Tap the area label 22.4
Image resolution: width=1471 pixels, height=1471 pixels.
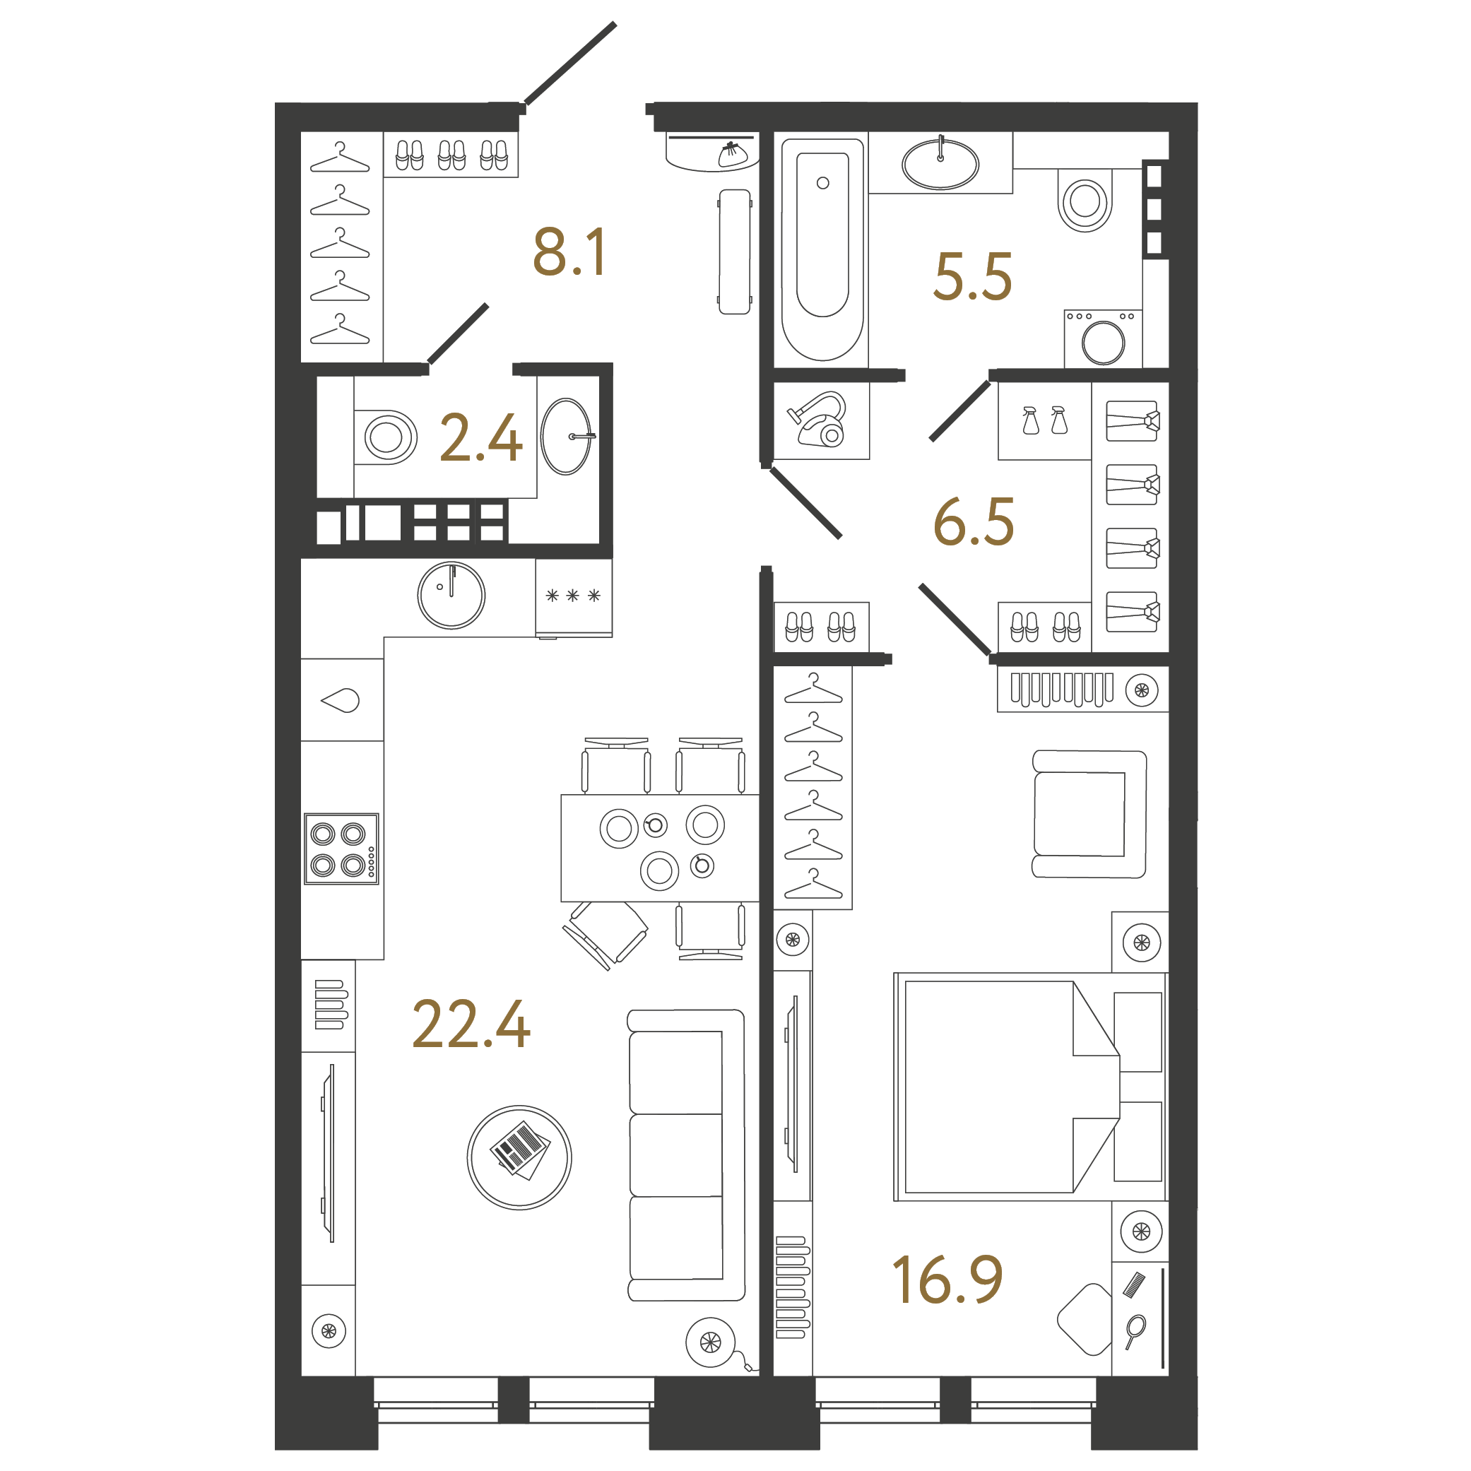[x=471, y=1025]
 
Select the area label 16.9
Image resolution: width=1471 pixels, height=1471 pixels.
[x=947, y=1281]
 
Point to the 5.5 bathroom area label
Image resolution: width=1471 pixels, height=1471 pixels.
[x=972, y=276]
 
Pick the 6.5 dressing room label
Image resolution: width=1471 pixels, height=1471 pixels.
[x=973, y=522]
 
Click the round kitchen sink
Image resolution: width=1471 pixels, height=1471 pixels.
[x=451, y=596]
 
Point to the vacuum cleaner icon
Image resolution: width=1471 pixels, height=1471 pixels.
[x=821, y=420]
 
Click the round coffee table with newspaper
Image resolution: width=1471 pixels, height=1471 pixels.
[x=519, y=1157]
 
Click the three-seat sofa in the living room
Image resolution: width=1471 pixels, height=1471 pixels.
[x=685, y=1155]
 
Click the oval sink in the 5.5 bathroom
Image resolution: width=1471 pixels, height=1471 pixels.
[x=940, y=164]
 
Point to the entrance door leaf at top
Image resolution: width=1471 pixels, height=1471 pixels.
[x=569, y=63]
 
